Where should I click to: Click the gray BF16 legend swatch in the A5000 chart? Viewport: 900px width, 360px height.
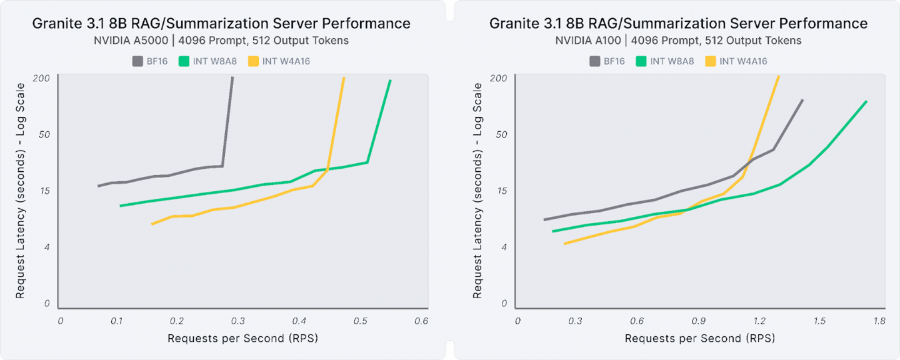pos(137,61)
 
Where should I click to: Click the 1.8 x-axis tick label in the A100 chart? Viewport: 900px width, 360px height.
pos(879,321)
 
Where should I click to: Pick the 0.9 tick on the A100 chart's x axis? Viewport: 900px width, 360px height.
pos(698,321)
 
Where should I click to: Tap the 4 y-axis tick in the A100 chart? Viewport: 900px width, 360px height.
pos(503,247)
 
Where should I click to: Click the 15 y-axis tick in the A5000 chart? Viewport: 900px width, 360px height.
pos(45,191)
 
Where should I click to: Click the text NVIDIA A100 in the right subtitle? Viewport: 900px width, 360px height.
pos(587,41)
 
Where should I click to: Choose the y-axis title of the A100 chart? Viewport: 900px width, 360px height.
pos(478,191)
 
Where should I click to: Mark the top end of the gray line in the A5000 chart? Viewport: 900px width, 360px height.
pos(232,77)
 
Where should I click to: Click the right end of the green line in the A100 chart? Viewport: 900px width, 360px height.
pos(866,101)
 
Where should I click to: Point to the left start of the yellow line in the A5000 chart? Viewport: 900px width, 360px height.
pos(152,224)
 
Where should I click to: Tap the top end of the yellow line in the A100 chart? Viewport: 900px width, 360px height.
pos(779,77)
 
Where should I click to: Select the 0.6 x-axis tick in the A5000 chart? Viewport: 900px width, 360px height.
pos(421,321)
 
